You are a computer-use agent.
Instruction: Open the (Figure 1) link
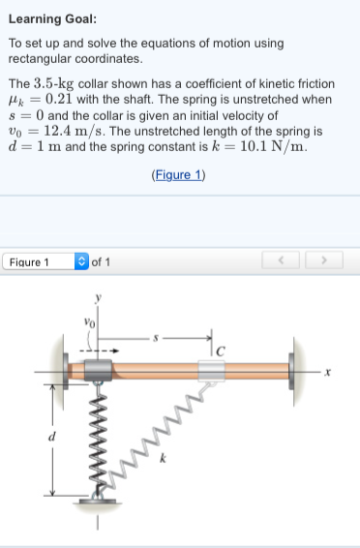point(179,175)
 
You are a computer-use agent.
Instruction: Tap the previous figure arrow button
point(282,261)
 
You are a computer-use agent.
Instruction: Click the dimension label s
point(165,338)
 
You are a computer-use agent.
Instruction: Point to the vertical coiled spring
point(97,436)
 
